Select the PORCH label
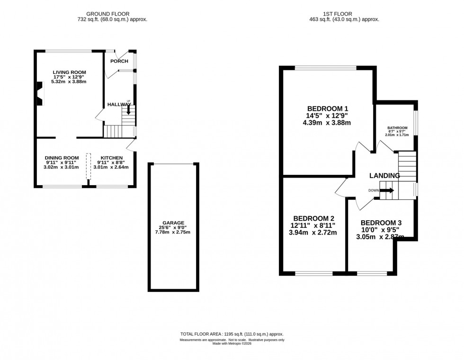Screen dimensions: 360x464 [119, 61]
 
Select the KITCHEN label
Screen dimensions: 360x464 [112, 158]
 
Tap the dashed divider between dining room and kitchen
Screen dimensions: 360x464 [88, 166]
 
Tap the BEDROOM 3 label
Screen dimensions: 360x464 [381, 223]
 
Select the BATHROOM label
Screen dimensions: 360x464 [397, 128]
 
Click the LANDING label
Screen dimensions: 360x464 [385, 176]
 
